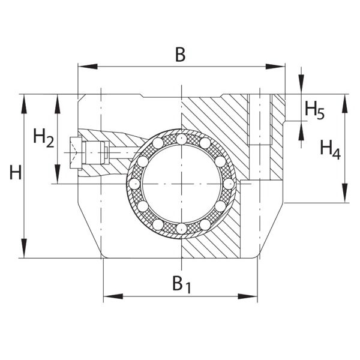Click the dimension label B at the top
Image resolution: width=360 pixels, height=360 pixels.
pyautogui.click(x=180, y=55)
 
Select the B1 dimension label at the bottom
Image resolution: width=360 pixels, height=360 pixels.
pyautogui.click(x=182, y=284)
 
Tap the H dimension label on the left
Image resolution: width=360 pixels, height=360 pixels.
pyautogui.click(x=16, y=172)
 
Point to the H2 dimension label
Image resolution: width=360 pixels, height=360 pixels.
pyautogui.click(x=44, y=138)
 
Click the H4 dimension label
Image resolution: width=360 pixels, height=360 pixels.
pyautogui.click(x=331, y=150)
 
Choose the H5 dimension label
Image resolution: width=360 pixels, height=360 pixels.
pyautogui.click(x=314, y=111)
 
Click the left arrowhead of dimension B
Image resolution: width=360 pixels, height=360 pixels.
pyautogui.click(x=88, y=67)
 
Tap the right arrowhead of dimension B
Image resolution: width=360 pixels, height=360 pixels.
pyautogui.click(x=275, y=67)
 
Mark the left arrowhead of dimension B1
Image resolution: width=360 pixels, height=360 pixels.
pyautogui.click(x=113, y=296)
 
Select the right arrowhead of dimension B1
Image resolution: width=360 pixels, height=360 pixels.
pyautogui.click(x=247, y=296)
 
